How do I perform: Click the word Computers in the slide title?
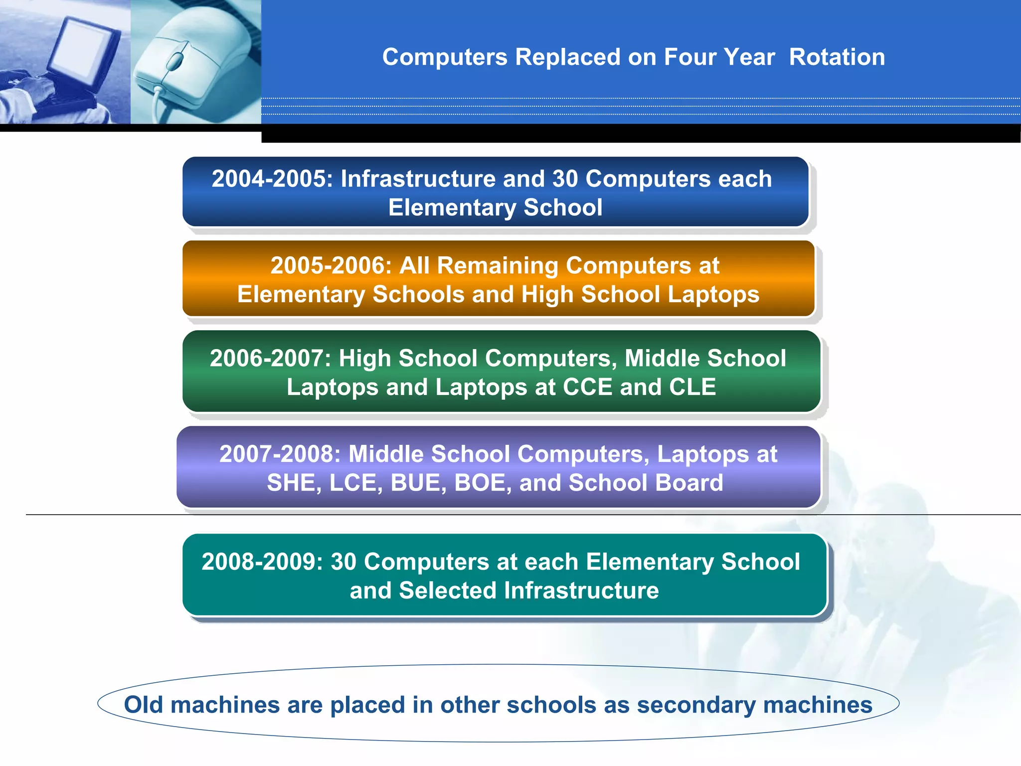coord(445,57)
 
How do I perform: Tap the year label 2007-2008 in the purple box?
coord(280,454)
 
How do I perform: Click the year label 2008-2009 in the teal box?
coord(262,562)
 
